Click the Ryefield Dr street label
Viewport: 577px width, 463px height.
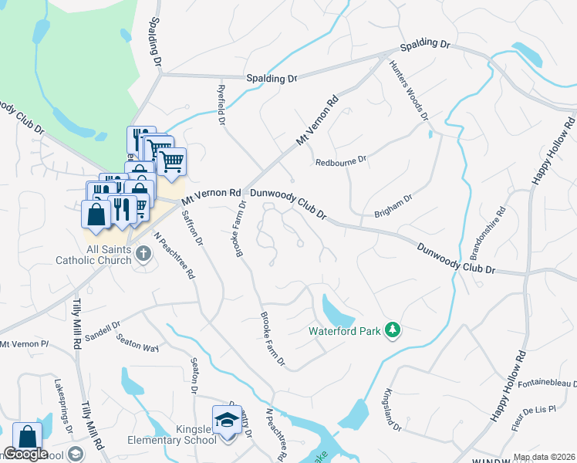point(220,105)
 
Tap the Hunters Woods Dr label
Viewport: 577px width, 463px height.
point(408,91)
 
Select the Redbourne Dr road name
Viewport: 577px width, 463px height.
point(340,162)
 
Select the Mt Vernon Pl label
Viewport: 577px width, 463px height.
point(24,343)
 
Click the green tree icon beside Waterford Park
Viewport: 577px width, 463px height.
point(393,330)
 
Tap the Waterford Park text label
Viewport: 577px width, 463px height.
point(345,331)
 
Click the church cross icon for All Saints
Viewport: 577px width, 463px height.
point(142,252)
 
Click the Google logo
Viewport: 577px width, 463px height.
point(25,453)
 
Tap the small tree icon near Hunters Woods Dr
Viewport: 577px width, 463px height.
point(430,134)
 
